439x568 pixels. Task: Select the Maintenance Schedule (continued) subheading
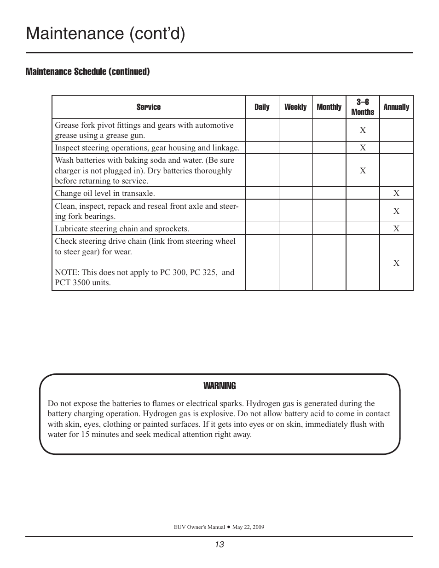[87, 72]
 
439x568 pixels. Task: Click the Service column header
[148, 107]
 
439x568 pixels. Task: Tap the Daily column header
[262, 107]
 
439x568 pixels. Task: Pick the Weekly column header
[295, 107]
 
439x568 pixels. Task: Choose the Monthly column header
[329, 107]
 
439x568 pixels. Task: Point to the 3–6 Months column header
[363, 107]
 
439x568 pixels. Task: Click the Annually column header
[396, 107]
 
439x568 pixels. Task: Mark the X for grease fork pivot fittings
[363, 130]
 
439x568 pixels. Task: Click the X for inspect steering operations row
[363, 148]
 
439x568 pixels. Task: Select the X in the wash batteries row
[363, 171]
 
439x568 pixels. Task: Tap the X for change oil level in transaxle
[396, 193]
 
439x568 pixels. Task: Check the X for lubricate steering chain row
[396, 229]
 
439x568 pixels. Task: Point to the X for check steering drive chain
[396, 263]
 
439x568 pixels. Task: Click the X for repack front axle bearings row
[396, 211]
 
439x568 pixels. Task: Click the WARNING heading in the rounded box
[219, 386]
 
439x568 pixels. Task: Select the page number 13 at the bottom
[219, 545]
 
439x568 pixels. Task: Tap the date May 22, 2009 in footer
[248, 527]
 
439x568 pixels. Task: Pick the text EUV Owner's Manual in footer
[199, 527]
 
